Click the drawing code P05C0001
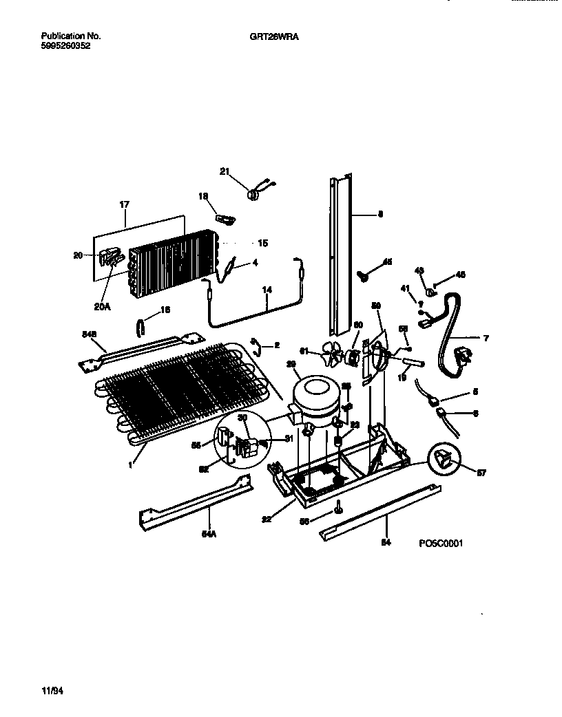pos(441,543)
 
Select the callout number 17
pos(125,204)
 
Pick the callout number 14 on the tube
pos(267,291)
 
